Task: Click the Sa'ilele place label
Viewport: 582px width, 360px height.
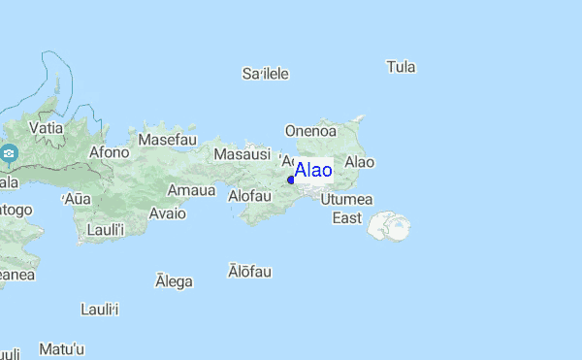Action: (266, 74)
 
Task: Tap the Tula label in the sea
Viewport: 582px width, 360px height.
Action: (401, 67)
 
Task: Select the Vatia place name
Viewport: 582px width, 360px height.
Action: (46, 127)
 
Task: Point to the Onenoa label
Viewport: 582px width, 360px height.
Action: (310, 130)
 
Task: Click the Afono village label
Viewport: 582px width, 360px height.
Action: (109, 151)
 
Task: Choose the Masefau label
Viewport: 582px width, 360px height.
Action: (167, 140)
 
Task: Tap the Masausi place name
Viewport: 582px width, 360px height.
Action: (242, 153)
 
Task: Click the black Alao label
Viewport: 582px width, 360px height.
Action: (360, 162)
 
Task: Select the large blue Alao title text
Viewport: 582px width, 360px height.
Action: (313, 171)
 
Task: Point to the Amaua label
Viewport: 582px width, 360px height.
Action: (191, 190)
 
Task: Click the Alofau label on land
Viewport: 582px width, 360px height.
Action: (249, 195)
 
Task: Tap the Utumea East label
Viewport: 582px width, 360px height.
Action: (346, 208)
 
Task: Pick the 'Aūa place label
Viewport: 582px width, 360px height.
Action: (77, 199)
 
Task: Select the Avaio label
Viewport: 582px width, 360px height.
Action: (167, 213)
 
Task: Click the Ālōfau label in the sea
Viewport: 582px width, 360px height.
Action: (249, 272)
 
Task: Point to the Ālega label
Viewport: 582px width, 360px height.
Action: (175, 281)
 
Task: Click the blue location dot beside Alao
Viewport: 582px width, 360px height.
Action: (291, 180)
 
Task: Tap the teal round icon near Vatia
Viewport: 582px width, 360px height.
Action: (9, 154)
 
